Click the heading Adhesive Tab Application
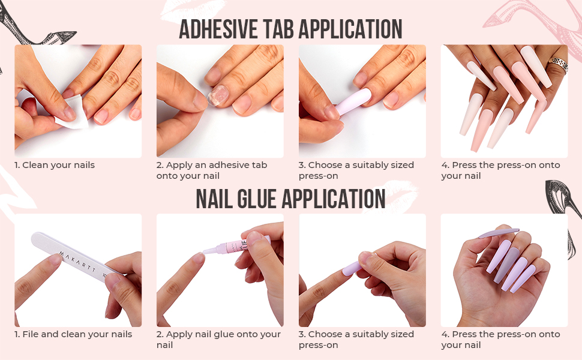pos(290,29)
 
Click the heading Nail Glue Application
pos(290,199)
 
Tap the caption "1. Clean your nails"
pos(55,165)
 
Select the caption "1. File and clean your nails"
pos(73,334)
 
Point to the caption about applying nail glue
pos(218,339)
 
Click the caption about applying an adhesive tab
pos(212,170)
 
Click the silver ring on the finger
pos(559,64)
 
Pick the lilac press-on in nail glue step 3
pos(352,268)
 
